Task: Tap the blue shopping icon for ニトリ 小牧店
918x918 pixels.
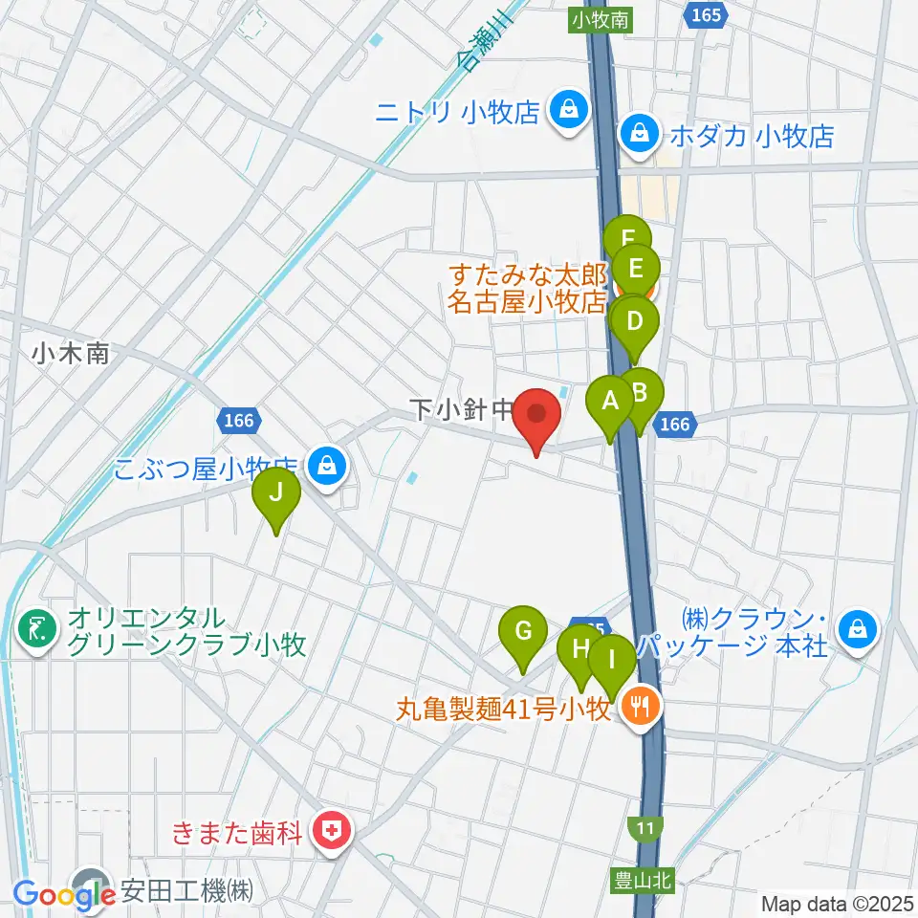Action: click(568, 112)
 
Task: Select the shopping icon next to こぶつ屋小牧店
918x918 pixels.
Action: click(327, 467)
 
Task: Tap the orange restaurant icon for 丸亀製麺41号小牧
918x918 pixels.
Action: click(638, 708)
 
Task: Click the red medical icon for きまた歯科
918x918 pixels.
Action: click(334, 830)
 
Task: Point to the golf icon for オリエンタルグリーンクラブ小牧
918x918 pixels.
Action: click(36, 630)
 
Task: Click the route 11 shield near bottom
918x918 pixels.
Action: click(645, 826)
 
